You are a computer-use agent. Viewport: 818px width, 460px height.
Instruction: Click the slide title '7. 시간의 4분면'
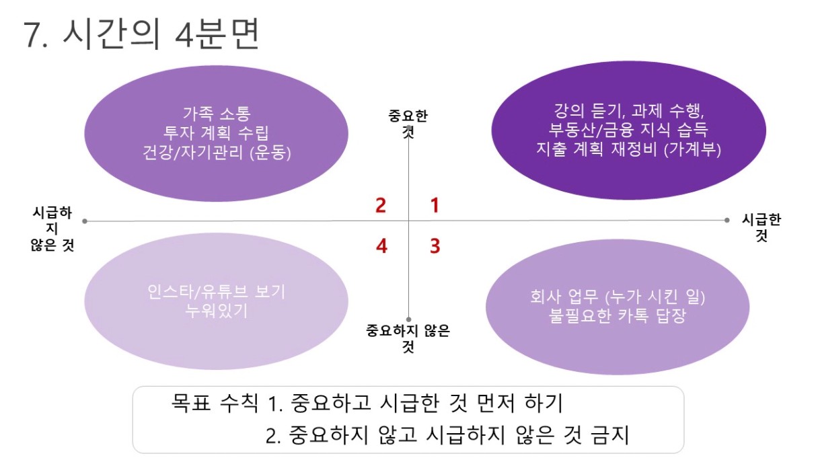pyautogui.click(x=142, y=34)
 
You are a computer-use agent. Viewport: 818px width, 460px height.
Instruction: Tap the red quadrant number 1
pyautogui.click(x=435, y=205)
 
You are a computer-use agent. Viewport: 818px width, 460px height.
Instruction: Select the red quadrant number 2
pyautogui.click(x=381, y=206)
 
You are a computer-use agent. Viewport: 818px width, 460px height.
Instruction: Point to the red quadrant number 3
pyautogui.click(x=435, y=245)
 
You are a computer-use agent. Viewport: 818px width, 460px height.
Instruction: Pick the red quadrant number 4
pyautogui.click(x=381, y=246)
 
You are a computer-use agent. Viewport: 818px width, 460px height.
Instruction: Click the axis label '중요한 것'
pyautogui.click(x=408, y=124)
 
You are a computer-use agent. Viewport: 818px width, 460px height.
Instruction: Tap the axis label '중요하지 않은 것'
pyautogui.click(x=408, y=338)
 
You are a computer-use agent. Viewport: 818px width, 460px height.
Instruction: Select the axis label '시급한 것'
pyautogui.click(x=761, y=227)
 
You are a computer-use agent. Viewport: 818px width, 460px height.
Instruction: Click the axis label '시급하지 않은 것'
pyautogui.click(x=52, y=229)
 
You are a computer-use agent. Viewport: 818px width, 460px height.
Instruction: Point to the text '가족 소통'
pyautogui.click(x=217, y=114)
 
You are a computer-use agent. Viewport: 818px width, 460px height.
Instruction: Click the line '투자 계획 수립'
pyautogui.click(x=216, y=132)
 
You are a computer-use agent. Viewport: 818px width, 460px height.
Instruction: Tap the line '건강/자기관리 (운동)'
pyautogui.click(x=217, y=152)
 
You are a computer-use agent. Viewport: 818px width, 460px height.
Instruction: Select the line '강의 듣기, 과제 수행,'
pyautogui.click(x=629, y=110)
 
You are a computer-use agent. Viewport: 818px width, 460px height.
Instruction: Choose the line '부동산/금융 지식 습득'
pyautogui.click(x=628, y=130)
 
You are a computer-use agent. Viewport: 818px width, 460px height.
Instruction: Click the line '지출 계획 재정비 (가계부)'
pyautogui.click(x=628, y=149)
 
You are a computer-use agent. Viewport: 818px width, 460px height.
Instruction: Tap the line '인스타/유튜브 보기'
pyautogui.click(x=216, y=292)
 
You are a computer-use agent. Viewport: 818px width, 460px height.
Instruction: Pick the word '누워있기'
pyautogui.click(x=216, y=311)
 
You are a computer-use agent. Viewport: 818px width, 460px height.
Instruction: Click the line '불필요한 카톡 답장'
pyautogui.click(x=617, y=315)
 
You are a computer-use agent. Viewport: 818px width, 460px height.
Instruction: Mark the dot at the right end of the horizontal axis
pyautogui.click(x=727, y=220)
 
